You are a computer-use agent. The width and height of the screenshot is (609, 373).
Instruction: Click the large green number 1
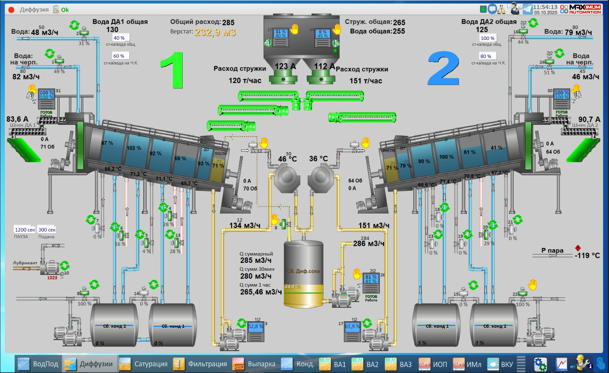point(173,71)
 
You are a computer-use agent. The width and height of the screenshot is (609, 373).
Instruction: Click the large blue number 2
point(443,69)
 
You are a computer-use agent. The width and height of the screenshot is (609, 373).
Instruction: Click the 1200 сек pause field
point(25,230)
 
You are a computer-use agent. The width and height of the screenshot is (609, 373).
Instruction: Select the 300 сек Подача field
point(47,230)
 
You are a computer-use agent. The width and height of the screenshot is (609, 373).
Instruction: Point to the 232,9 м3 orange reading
point(215,32)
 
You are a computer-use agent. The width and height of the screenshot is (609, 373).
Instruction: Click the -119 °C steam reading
point(587,255)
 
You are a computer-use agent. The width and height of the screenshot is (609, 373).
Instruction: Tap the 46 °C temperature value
point(287,159)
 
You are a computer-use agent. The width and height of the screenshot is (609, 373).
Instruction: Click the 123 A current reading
point(285,66)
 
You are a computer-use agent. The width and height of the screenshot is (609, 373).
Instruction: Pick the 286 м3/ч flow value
point(368,244)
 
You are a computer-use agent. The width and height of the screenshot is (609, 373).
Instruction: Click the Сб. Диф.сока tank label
point(303,271)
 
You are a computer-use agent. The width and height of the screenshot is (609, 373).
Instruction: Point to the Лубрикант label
point(25,263)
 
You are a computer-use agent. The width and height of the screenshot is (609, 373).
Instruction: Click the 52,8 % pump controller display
point(255,326)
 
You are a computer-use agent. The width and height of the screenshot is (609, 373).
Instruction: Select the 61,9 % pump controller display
point(352,326)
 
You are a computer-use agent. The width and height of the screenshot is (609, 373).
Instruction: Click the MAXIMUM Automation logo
point(581,9)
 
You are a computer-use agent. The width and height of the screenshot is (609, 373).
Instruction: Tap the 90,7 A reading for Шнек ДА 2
point(589,120)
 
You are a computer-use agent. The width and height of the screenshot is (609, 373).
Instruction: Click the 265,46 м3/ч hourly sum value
point(261,292)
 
